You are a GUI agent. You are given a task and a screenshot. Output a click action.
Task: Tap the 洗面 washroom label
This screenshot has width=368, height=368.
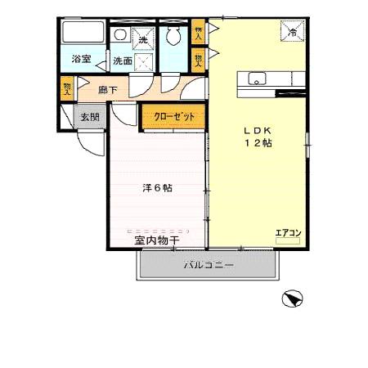[123, 61]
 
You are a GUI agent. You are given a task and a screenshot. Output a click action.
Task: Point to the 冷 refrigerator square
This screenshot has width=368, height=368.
[293, 32]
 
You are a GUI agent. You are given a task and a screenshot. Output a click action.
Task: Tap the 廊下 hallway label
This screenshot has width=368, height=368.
[108, 91]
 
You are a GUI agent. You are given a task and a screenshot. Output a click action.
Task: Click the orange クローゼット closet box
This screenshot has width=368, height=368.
[173, 117]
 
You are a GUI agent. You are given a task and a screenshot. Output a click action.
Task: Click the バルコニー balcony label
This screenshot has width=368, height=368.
[208, 265]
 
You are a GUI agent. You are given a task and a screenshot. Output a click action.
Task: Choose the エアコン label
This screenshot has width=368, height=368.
[288, 233]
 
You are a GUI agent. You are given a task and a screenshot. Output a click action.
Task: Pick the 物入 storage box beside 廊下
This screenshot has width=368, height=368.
[65, 88]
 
